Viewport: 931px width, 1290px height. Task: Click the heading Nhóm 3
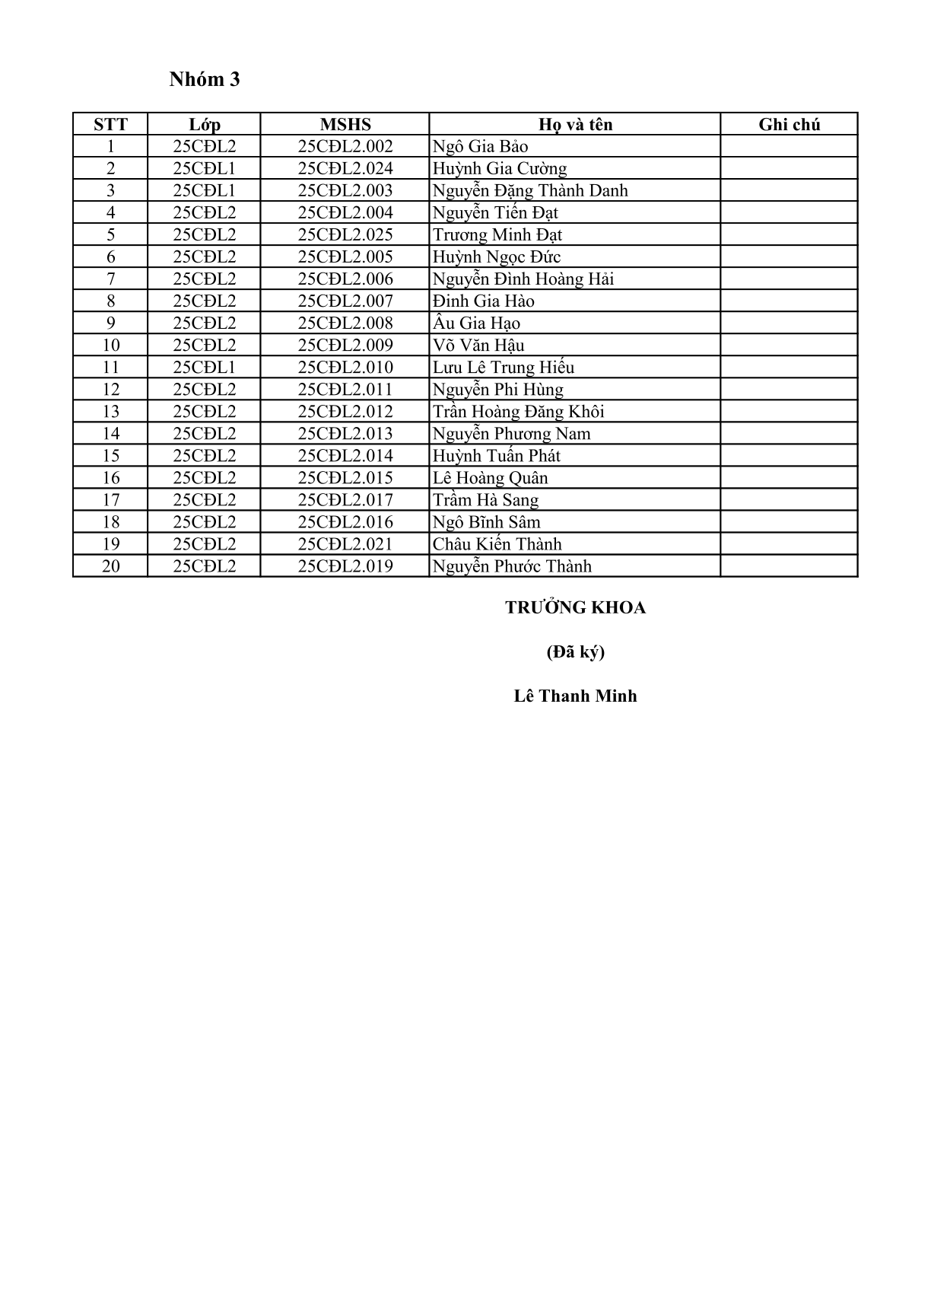click(x=205, y=80)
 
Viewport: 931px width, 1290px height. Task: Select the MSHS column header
click(x=345, y=125)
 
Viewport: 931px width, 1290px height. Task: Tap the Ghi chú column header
click(x=789, y=125)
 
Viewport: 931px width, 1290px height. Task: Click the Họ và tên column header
click(x=575, y=125)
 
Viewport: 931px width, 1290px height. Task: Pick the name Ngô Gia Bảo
click(x=480, y=147)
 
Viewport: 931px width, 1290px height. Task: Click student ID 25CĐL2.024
click(x=345, y=169)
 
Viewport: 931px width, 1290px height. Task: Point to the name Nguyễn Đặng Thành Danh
click(x=530, y=191)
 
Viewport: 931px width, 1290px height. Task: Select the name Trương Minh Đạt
click(x=497, y=235)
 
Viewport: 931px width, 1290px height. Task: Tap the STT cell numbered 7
click(x=111, y=279)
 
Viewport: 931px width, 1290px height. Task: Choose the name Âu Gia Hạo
click(x=476, y=323)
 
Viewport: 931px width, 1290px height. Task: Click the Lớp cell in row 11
click(x=205, y=368)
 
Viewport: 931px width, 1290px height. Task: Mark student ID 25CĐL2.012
click(x=345, y=412)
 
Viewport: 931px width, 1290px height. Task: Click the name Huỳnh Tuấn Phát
click(x=496, y=456)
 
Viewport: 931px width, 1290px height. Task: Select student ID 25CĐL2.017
click(x=345, y=500)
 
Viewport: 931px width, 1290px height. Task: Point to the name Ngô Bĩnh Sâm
click(x=486, y=522)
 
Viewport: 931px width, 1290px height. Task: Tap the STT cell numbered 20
click(x=111, y=566)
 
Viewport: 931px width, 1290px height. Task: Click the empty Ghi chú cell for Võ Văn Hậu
click(x=789, y=346)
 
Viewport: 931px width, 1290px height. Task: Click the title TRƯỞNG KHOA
click(x=575, y=607)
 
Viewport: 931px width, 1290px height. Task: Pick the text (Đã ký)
click(x=575, y=651)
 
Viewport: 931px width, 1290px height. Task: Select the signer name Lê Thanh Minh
click(x=575, y=696)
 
